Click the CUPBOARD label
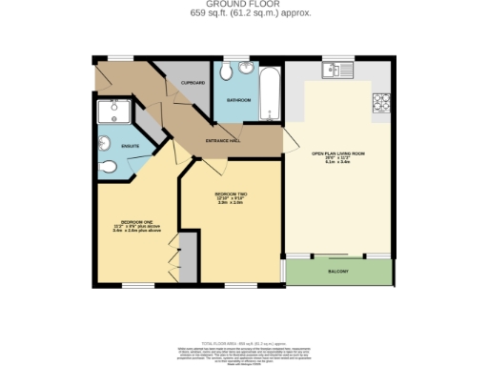[x=193, y=83]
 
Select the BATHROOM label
[x=238, y=99]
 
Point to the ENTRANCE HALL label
[x=223, y=141]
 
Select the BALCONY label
[x=340, y=272]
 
